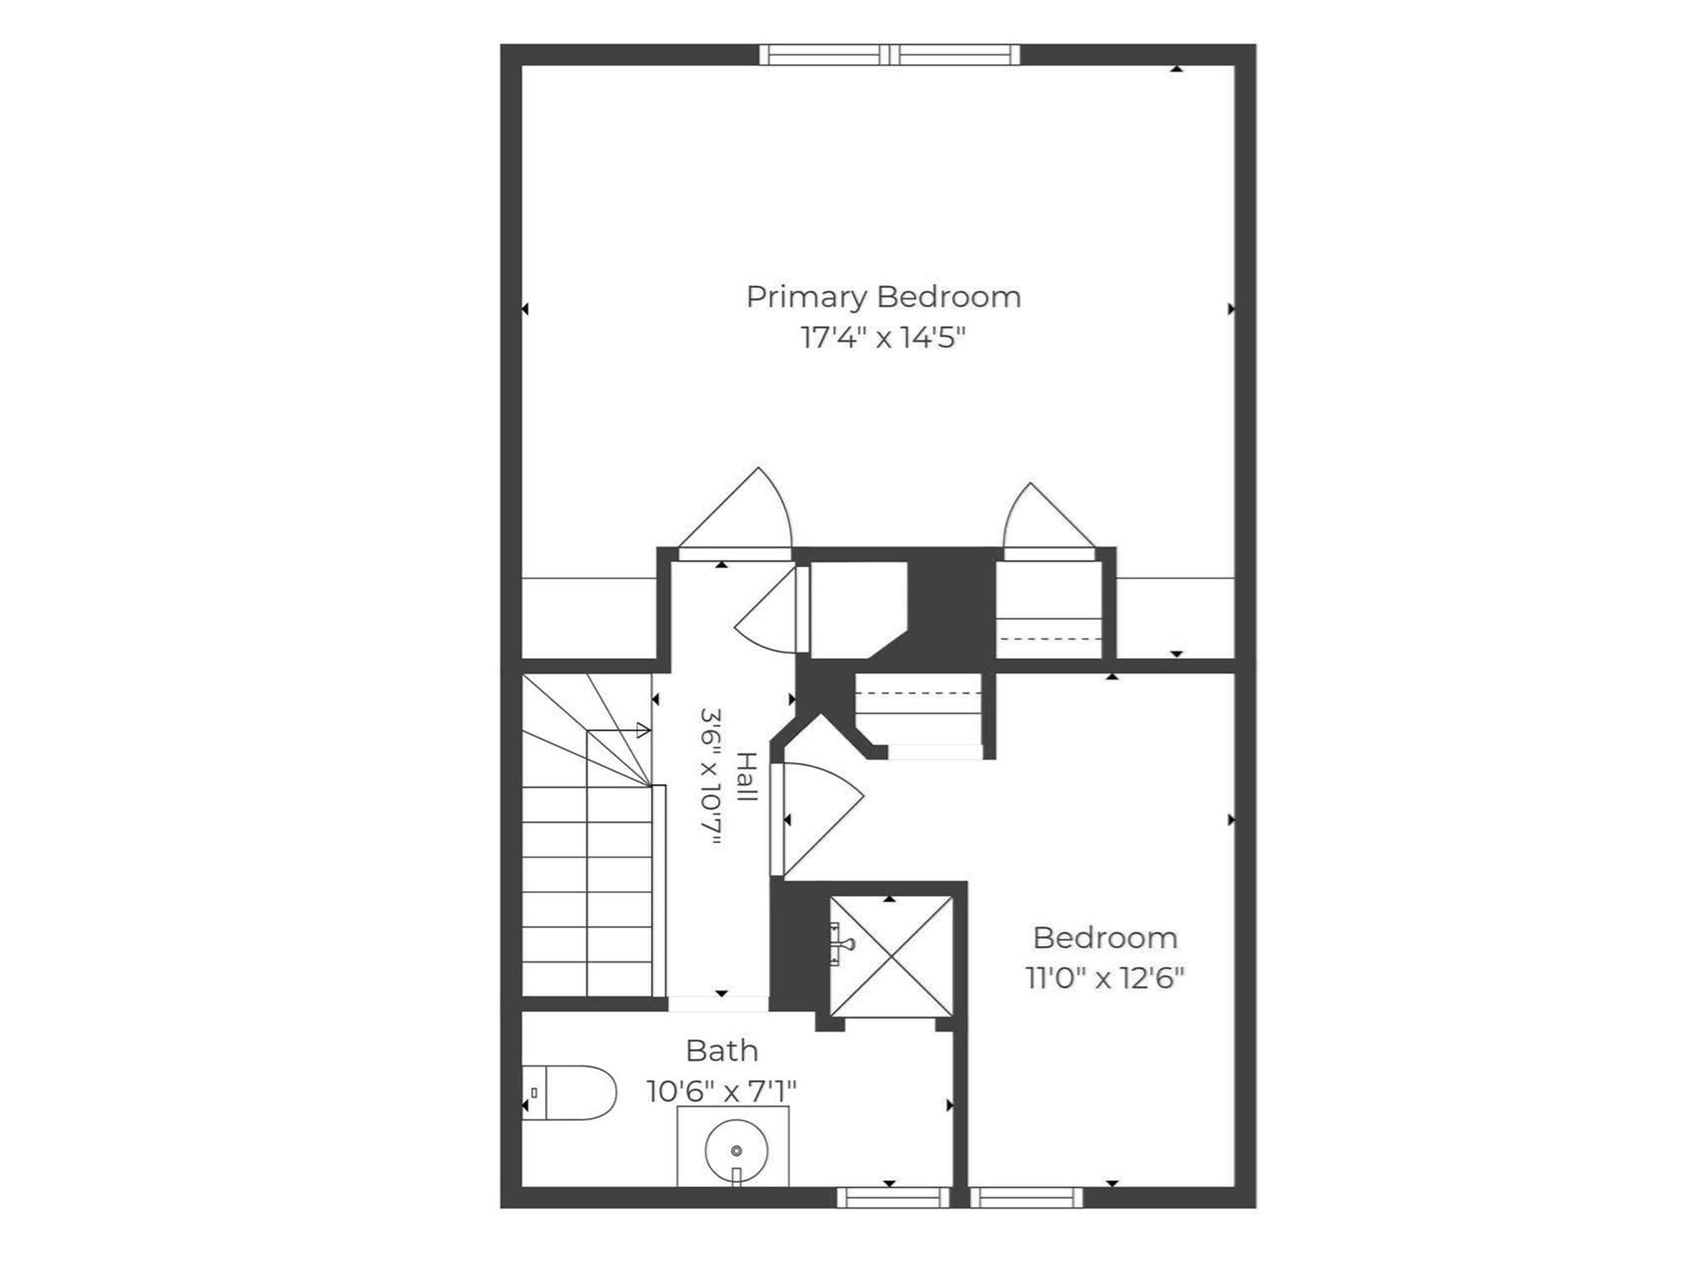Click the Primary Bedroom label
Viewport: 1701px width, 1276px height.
[x=884, y=297]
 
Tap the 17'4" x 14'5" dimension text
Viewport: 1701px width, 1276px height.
[x=884, y=338]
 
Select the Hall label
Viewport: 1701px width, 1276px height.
[x=748, y=777]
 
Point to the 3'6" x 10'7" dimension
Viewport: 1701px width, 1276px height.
[x=711, y=777]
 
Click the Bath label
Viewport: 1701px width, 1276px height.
[x=722, y=1051]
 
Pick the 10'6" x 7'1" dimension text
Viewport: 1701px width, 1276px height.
[x=722, y=1091]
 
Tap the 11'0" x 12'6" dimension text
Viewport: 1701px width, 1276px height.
[x=1105, y=978]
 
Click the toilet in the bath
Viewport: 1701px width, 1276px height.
[x=569, y=1092]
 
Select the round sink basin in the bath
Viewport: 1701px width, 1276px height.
[x=736, y=1151]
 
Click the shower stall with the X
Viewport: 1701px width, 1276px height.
[x=891, y=956]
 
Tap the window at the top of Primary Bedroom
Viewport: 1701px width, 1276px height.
[x=890, y=55]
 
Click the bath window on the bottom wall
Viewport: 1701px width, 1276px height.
[x=893, y=1197]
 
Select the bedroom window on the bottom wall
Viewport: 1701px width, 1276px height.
[x=1027, y=1197]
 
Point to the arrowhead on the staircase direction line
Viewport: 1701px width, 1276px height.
[x=643, y=731]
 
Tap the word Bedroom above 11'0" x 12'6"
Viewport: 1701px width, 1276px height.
[x=1105, y=938]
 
